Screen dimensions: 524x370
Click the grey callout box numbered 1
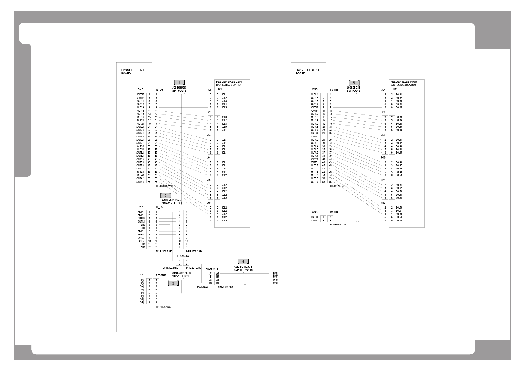tap(179, 82)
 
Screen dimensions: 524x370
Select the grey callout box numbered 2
tap(166, 196)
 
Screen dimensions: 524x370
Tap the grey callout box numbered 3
tap(173, 283)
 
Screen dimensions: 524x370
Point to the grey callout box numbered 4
tap(243, 261)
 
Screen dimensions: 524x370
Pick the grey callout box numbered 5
tap(354, 83)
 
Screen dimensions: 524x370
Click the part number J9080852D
tap(179, 87)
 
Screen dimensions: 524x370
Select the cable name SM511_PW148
tap(243, 270)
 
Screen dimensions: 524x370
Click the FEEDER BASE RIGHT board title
tap(405, 83)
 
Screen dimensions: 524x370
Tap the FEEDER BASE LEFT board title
tap(229, 83)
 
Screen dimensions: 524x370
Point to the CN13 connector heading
tap(141, 275)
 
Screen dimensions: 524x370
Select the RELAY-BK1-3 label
tap(212, 269)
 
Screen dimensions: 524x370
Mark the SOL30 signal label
tap(224, 220)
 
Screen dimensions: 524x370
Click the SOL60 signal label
tap(399, 220)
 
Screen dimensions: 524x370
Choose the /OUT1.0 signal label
tap(140, 95)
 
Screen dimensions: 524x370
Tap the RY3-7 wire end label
tap(275, 283)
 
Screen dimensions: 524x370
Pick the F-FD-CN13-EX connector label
tap(182, 255)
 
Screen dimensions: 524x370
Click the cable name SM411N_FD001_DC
tap(175, 203)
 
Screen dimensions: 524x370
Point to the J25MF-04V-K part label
tap(202, 287)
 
